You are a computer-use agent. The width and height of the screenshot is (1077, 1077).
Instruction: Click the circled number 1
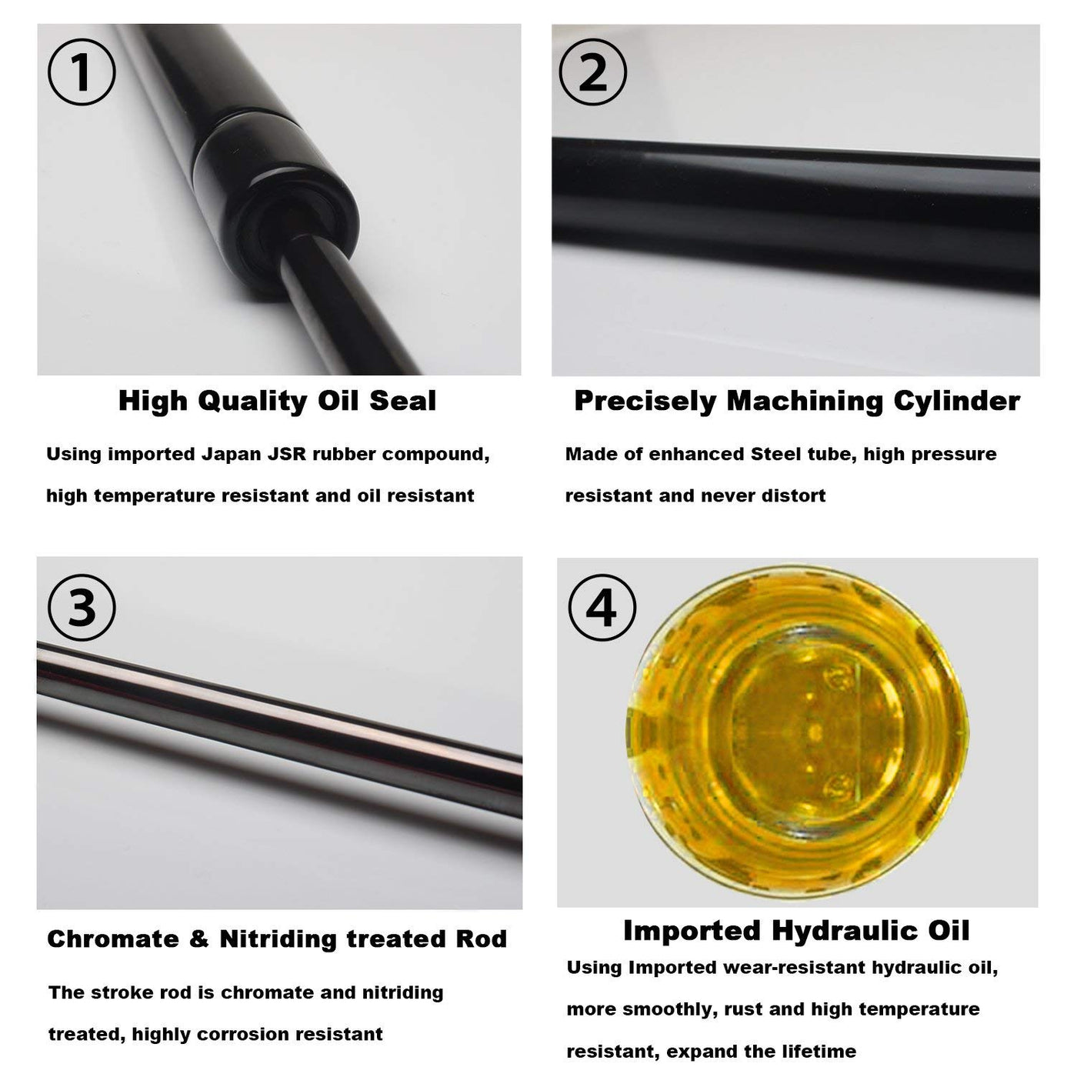(82, 72)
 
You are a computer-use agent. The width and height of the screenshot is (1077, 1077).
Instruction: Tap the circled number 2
(592, 72)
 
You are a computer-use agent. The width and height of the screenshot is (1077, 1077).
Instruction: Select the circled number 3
(82, 608)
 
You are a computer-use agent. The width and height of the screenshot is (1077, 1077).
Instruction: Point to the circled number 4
(602, 608)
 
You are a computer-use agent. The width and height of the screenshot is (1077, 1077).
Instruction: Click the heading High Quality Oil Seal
(277, 401)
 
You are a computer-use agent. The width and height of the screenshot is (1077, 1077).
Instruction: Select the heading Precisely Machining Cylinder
(797, 401)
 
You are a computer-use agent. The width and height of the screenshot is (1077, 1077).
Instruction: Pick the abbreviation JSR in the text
(287, 454)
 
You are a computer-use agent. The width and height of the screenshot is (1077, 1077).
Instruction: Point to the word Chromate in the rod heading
(113, 939)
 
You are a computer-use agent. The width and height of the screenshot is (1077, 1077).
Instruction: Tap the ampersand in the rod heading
(198, 939)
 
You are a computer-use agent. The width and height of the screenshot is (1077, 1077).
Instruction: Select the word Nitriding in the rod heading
(278, 939)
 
